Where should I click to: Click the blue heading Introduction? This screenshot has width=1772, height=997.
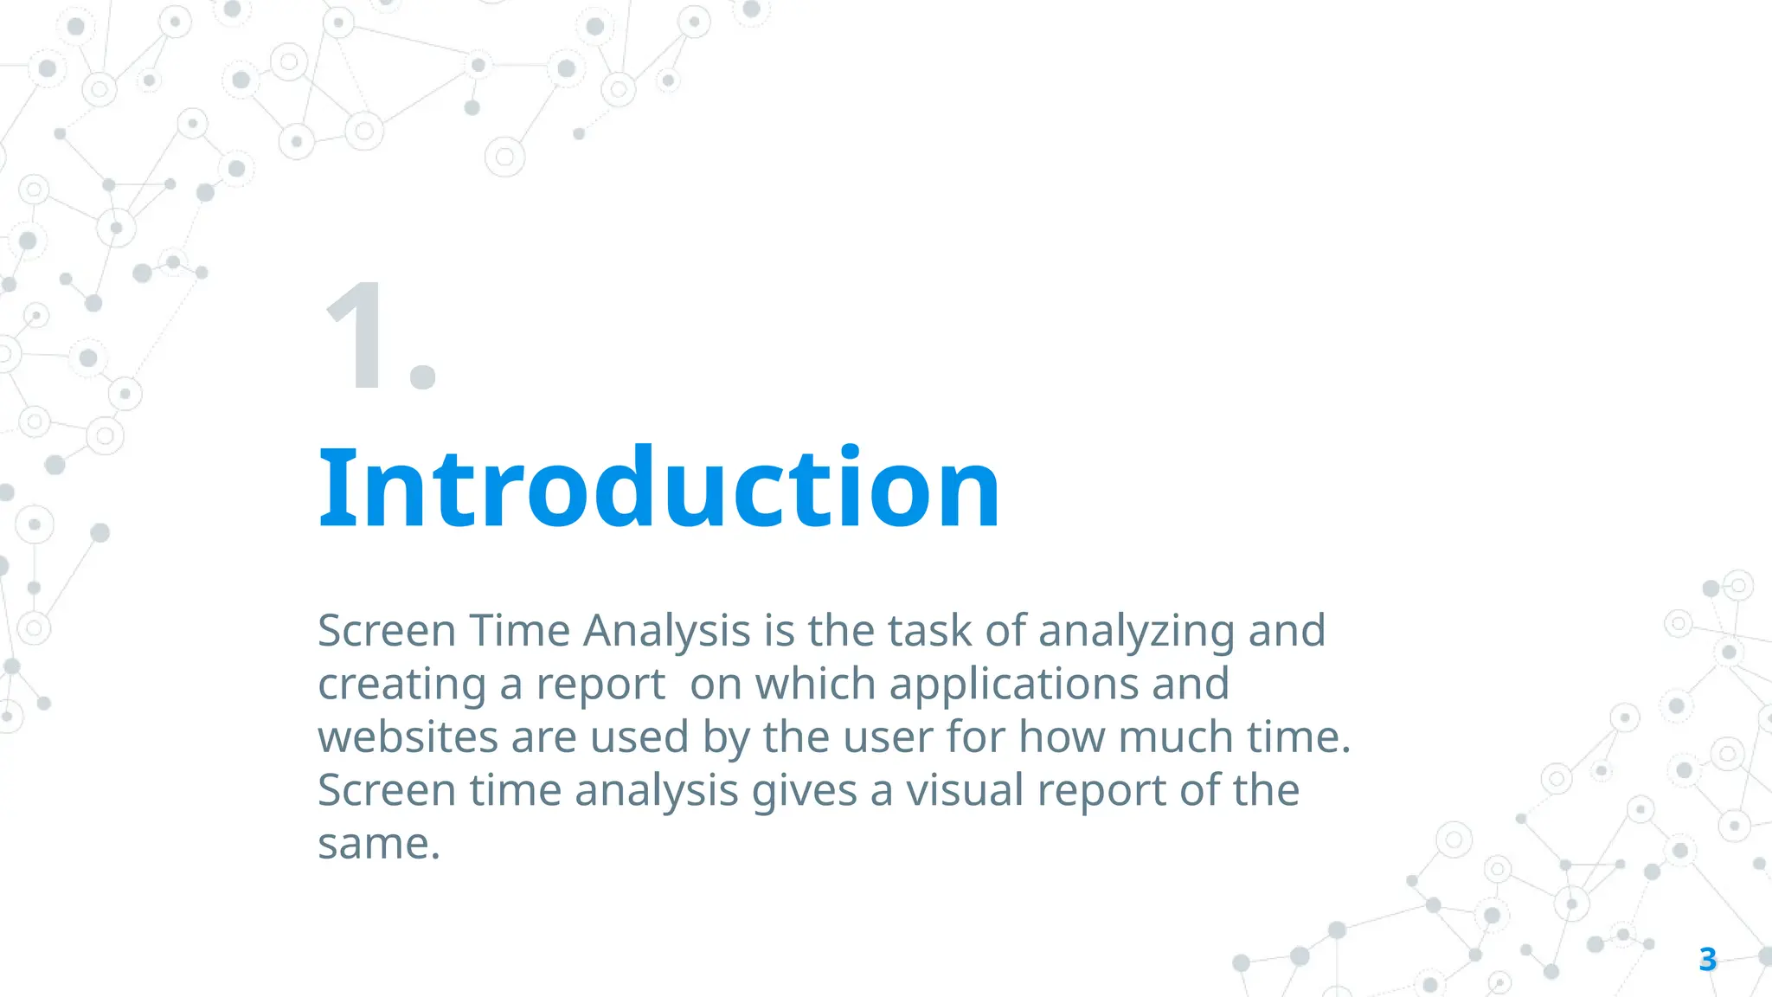659,489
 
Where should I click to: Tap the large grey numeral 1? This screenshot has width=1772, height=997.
355,338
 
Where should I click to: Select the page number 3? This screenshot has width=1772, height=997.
1707,959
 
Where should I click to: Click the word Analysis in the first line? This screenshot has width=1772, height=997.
666,631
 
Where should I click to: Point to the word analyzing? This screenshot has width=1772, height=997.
1136,631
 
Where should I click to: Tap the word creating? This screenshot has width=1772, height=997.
401,685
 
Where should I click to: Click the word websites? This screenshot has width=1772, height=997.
408,737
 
